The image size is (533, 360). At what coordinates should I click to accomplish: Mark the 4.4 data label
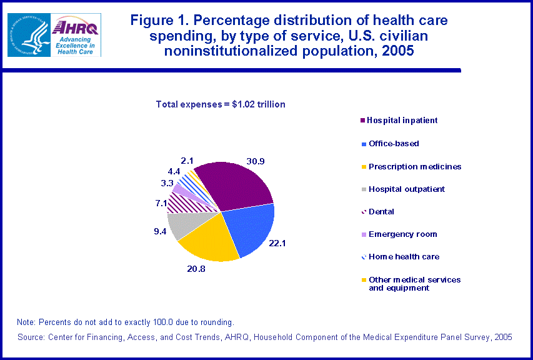173,171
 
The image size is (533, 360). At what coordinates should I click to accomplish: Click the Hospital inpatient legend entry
402,121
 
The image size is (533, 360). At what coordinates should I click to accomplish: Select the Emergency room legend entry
402,234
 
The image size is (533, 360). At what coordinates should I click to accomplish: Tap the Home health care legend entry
404,257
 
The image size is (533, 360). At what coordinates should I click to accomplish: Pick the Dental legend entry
381,212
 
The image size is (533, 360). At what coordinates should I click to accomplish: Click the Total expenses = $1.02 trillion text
220,104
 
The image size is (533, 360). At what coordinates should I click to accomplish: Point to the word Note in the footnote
26,322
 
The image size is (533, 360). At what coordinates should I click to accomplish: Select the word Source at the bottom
31,337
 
